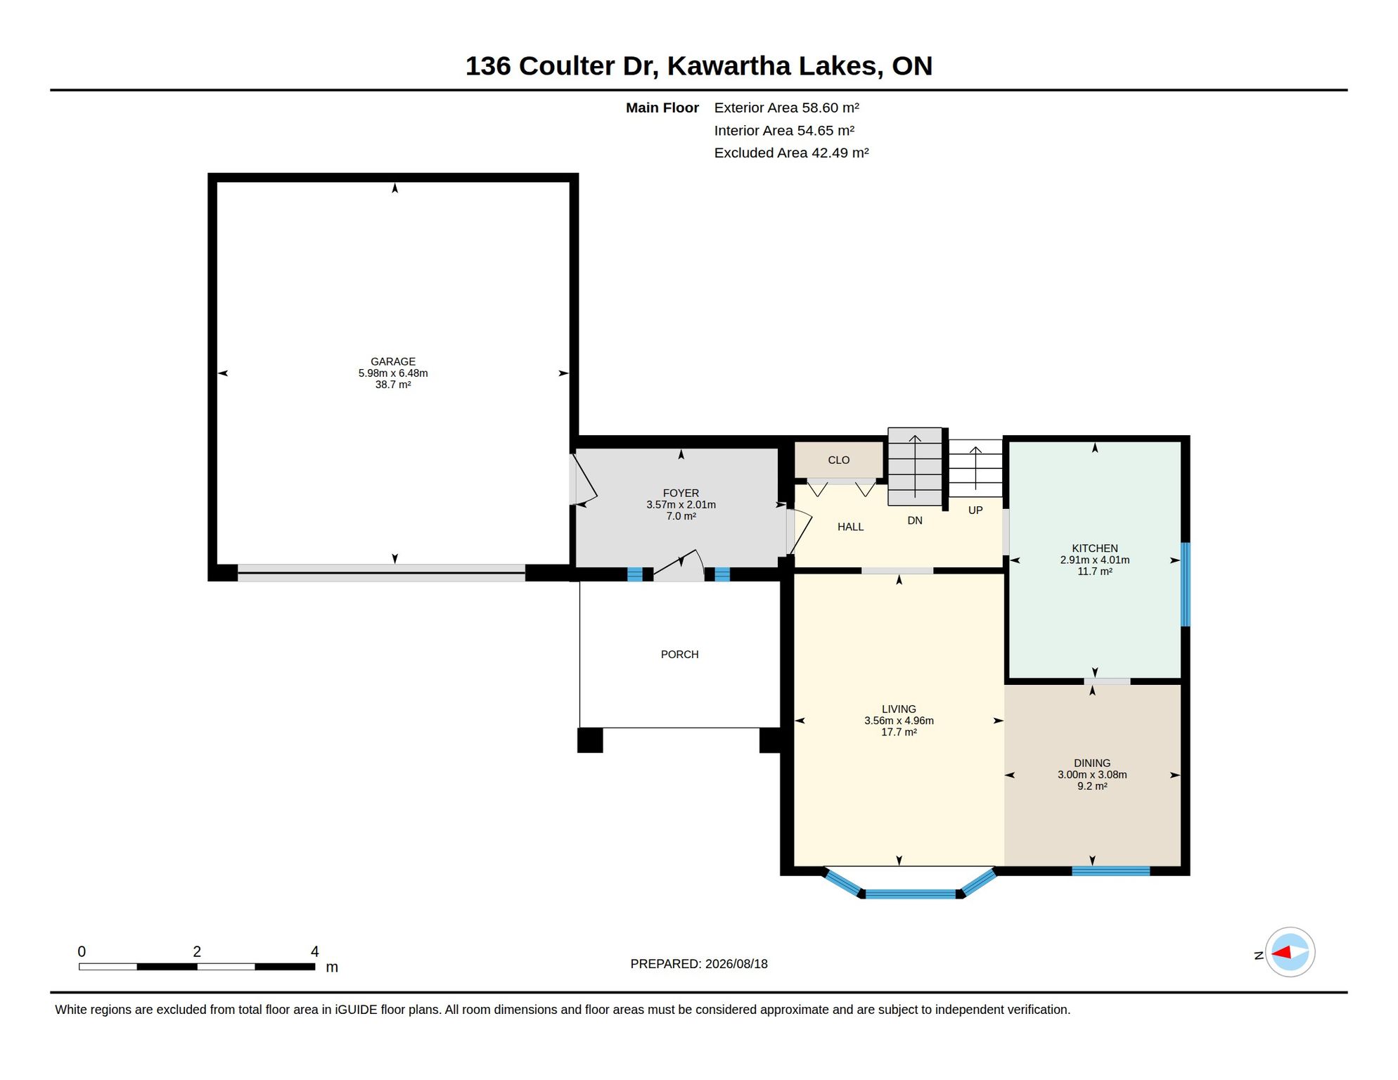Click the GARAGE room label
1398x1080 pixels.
point(393,361)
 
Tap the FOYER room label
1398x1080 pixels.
point(681,493)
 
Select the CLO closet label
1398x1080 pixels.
point(838,460)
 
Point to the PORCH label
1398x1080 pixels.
point(679,654)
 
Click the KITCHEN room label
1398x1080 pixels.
point(1094,548)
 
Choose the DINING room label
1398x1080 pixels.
point(1092,763)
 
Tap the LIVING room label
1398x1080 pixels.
point(899,709)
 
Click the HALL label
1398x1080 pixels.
point(850,527)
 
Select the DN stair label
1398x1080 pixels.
point(914,520)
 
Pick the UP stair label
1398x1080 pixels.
point(975,510)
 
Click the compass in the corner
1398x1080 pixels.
point(1290,952)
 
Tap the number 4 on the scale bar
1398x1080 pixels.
point(314,951)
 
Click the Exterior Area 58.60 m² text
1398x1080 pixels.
point(786,108)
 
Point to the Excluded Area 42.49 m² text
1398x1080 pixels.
point(791,153)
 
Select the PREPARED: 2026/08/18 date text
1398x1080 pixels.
point(698,964)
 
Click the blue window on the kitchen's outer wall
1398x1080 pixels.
point(1185,584)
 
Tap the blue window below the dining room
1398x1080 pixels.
point(1110,871)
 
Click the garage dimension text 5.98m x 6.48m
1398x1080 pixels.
point(393,373)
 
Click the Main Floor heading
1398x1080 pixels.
point(662,108)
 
